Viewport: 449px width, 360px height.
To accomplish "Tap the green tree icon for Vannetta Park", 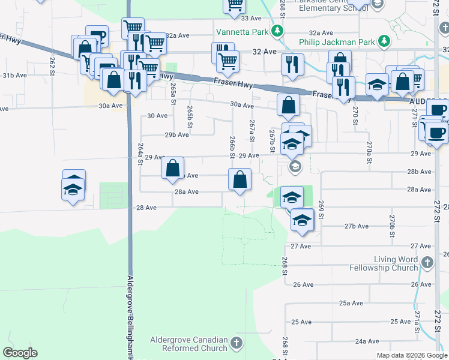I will point(277,31).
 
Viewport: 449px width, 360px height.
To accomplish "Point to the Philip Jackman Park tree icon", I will point(382,41).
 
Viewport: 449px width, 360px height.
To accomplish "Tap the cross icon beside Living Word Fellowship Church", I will point(427,263).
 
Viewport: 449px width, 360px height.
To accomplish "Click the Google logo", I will point(20,353).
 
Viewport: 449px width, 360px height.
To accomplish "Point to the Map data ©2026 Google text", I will point(411,355).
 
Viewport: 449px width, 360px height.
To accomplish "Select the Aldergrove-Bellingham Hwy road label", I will point(130,315).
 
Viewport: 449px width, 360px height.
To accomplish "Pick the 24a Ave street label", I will point(367,341).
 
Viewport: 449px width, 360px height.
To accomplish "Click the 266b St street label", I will point(232,147).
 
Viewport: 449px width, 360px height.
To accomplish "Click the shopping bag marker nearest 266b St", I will point(240,179).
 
